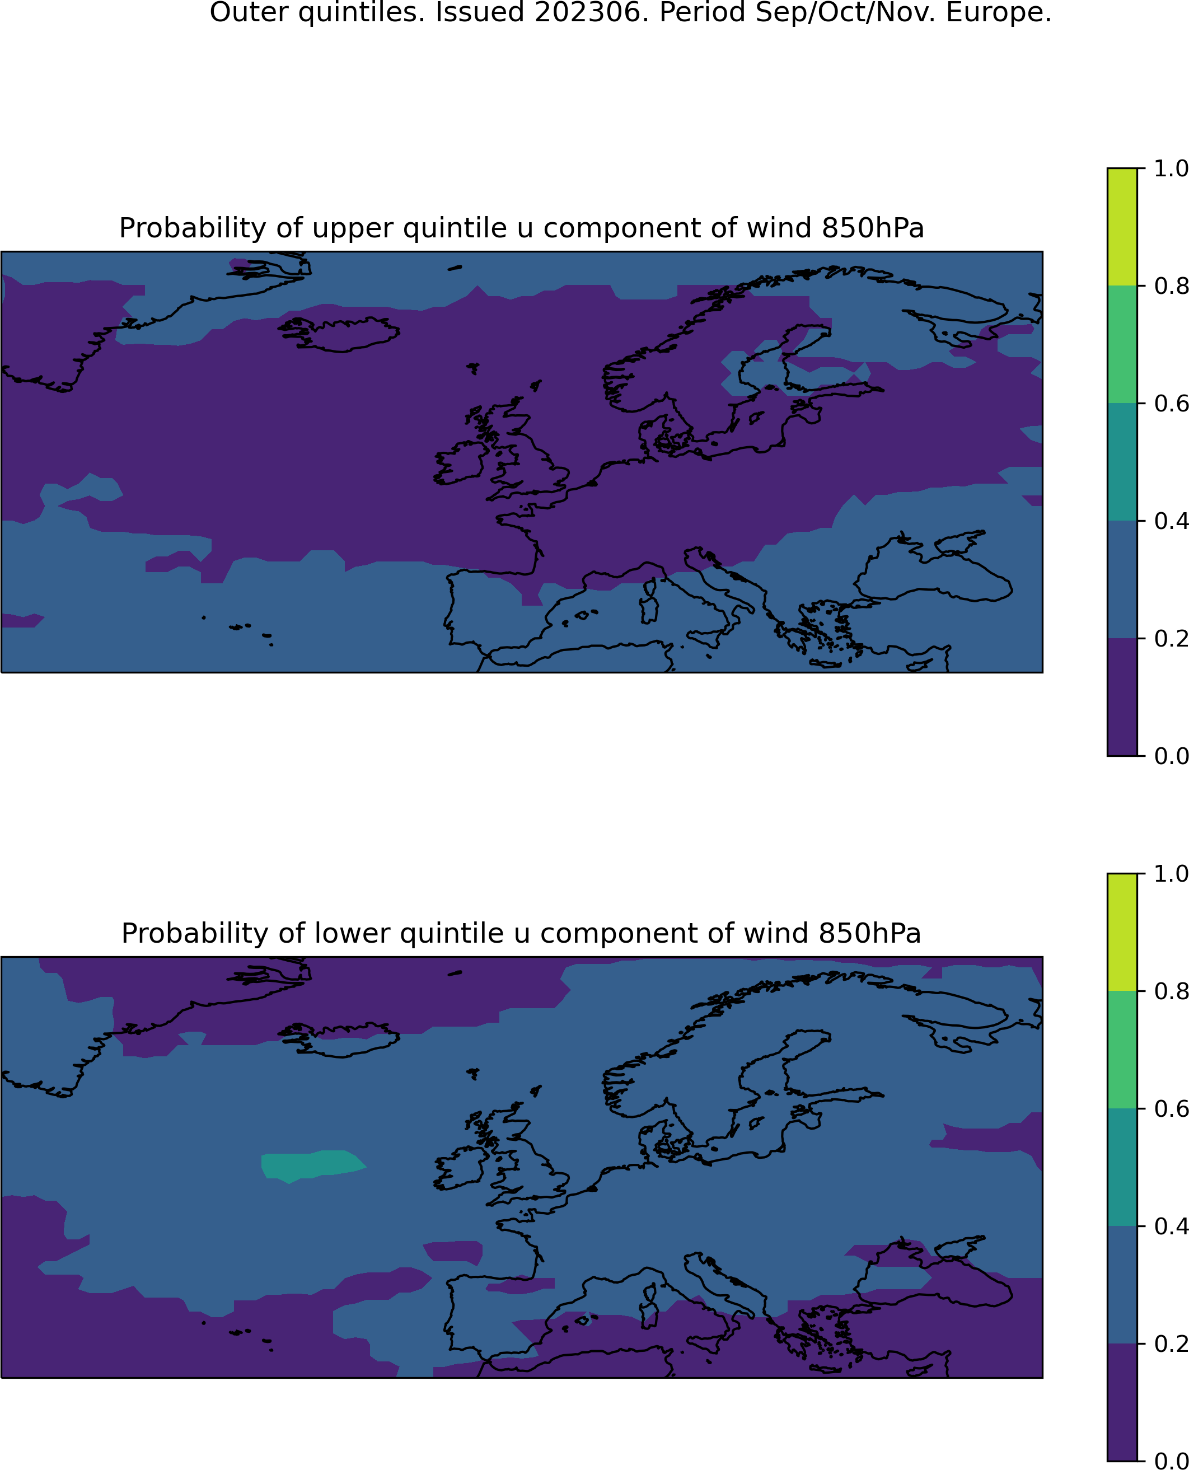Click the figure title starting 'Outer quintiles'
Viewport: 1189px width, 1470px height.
pyautogui.click(x=630, y=12)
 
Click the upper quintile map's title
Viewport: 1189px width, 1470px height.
pyautogui.click(x=521, y=228)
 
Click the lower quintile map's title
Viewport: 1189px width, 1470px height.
pyautogui.click(x=521, y=933)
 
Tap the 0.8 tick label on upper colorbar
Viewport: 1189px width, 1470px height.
pyautogui.click(x=1171, y=286)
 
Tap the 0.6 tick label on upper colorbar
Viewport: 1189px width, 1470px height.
pyautogui.click(x=1171, y=404)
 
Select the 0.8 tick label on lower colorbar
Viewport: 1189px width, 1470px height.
pyautogui.click(x=1171, y=991)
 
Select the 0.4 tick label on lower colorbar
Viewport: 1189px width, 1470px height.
pyautogui.click(x=1171, y=1226)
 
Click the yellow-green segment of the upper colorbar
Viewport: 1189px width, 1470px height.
pyautogui.click(x=1122, y=227)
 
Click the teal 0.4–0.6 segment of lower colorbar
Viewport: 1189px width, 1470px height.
pyautogui.click(x=1122, y=1167)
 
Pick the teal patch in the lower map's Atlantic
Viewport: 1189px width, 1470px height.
pyautogui.click(x=312, y=1166)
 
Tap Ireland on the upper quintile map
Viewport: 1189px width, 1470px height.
pyautogui.click(x=460, y=462)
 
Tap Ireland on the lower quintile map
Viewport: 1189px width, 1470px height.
pyautogui.click(x=460, y=1167)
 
